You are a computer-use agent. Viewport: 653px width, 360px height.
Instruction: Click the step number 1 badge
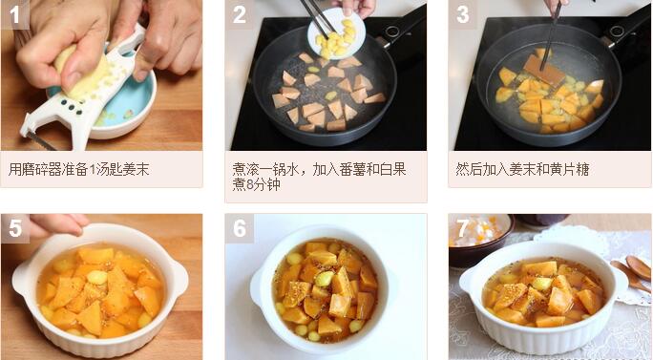[x=15, y=14]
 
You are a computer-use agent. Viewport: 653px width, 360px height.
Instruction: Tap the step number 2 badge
[x=239, y=14]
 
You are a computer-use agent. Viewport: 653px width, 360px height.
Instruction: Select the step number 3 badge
[x=462, y=14]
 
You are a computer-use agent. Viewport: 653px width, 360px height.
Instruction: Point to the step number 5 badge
[x=15, y=228]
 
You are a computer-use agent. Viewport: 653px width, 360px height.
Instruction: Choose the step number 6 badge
[x=240, y=228]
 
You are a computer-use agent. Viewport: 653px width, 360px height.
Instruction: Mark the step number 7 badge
[x=462, y=228]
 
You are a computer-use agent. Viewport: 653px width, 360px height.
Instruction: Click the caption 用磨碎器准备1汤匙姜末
[x=78, y=170]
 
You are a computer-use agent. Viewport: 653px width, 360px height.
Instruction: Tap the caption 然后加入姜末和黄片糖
[x=522, y=170]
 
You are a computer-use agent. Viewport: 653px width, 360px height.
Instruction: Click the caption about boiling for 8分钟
[x=319, y=177]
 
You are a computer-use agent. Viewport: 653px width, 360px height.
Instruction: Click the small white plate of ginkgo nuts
[x=336, y=33]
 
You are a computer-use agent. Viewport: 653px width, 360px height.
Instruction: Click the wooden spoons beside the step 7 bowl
[x=632, y=272]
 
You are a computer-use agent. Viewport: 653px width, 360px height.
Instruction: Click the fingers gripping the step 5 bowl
[x=57, y=223]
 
